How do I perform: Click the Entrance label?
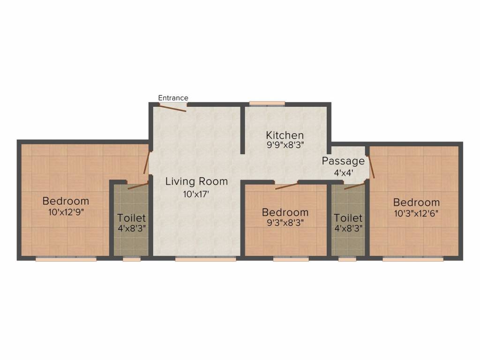pyautogui.click(x=173, y=98)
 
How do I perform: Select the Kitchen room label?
pyautogui.click(x=285, y=135)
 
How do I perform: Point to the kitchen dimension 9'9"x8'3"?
pyautogui.click(x=285, y=145)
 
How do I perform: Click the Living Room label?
pyautogui.click(x=196, y=181)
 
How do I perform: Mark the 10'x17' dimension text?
pyautogui.click(x=196, y=194)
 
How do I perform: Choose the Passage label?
pyautogui.click(x=343, y=161)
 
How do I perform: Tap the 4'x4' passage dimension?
pyautogui.click(x=344, y=173)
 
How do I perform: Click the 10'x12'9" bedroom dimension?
pyautogui.click(x=66, y=212)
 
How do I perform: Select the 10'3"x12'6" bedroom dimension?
pyautogui.click(x=416, y=213)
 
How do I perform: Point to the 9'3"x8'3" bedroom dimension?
pyautogui.click(x=285, y=223)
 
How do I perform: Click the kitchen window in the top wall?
pyautogui.click(x=267, y=104)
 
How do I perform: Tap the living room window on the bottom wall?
pyautogui.click(x=205, y=259)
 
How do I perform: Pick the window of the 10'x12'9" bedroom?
pyautogui.click(x=66, y=259)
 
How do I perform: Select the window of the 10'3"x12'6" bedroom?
pyautogui.click(x=413, y=259)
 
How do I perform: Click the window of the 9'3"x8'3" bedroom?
pyautogui.click(x=291, y=259)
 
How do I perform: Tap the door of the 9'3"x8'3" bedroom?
pyautogui.click(x=286, y=186)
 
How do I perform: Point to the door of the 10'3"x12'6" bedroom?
pyautogui.click(x=371, y=167)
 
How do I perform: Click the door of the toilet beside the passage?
pyautogui.click(x=354, y=186)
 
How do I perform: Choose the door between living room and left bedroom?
pyautogui.click(x=147, y=163)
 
